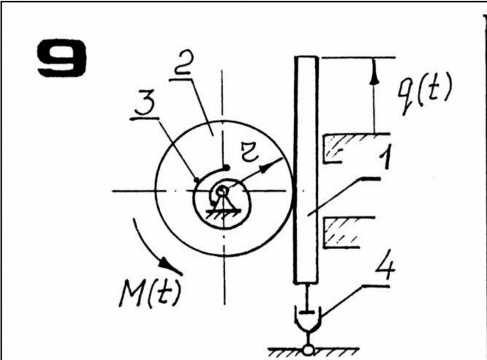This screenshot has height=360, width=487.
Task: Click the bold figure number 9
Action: (x=61, y=58)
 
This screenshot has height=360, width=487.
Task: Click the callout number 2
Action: (x=184, y=62)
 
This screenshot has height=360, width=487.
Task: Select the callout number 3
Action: (x=145, y=104)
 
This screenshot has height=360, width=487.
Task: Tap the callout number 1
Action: (x=386, y=157)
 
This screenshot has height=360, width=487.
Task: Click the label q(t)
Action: (x=425, y=93)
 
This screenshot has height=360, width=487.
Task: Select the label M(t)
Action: (x=150, y=293)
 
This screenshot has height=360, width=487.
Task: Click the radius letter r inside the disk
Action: (x=249, y=152)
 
